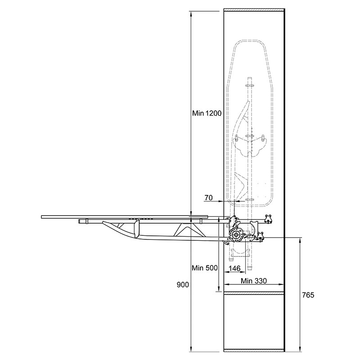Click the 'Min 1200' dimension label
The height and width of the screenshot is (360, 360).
pyautogui.click(x=207, y=113)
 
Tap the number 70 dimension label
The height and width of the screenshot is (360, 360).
pyautogui.click(x=208, y=198)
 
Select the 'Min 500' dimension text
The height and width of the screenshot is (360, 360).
pyautogui.click(x=205, y=268)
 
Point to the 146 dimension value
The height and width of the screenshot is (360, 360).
pyautogui.click(x=234, y=268)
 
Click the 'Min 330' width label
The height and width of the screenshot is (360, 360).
pyautogui.click(x=254, y=280)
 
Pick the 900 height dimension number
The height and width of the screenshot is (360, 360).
pyautogui.click(x=183, y=285)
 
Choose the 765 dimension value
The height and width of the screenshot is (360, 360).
pyautogui.click(x=308, y=295)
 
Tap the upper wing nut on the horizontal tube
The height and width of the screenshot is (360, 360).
pyautogui.click(x=268, y=218)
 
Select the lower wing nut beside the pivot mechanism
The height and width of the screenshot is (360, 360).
pyautogui.click(x=260, y=236)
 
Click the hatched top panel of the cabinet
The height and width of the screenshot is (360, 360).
pyautogui.click(x=254, y=10)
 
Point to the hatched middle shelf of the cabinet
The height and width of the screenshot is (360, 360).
pyautogui.click(x=254, y=293)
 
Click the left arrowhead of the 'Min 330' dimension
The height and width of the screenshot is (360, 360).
pyautogui.click(x=226, y=284)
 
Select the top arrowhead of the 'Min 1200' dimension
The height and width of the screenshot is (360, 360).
pyautogui.click(x=191, y=13)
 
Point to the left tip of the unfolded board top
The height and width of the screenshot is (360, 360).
pyautogui.click(x=41, y=217)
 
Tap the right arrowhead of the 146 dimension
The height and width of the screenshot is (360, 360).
pyautogui.click(x=243, y=272)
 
